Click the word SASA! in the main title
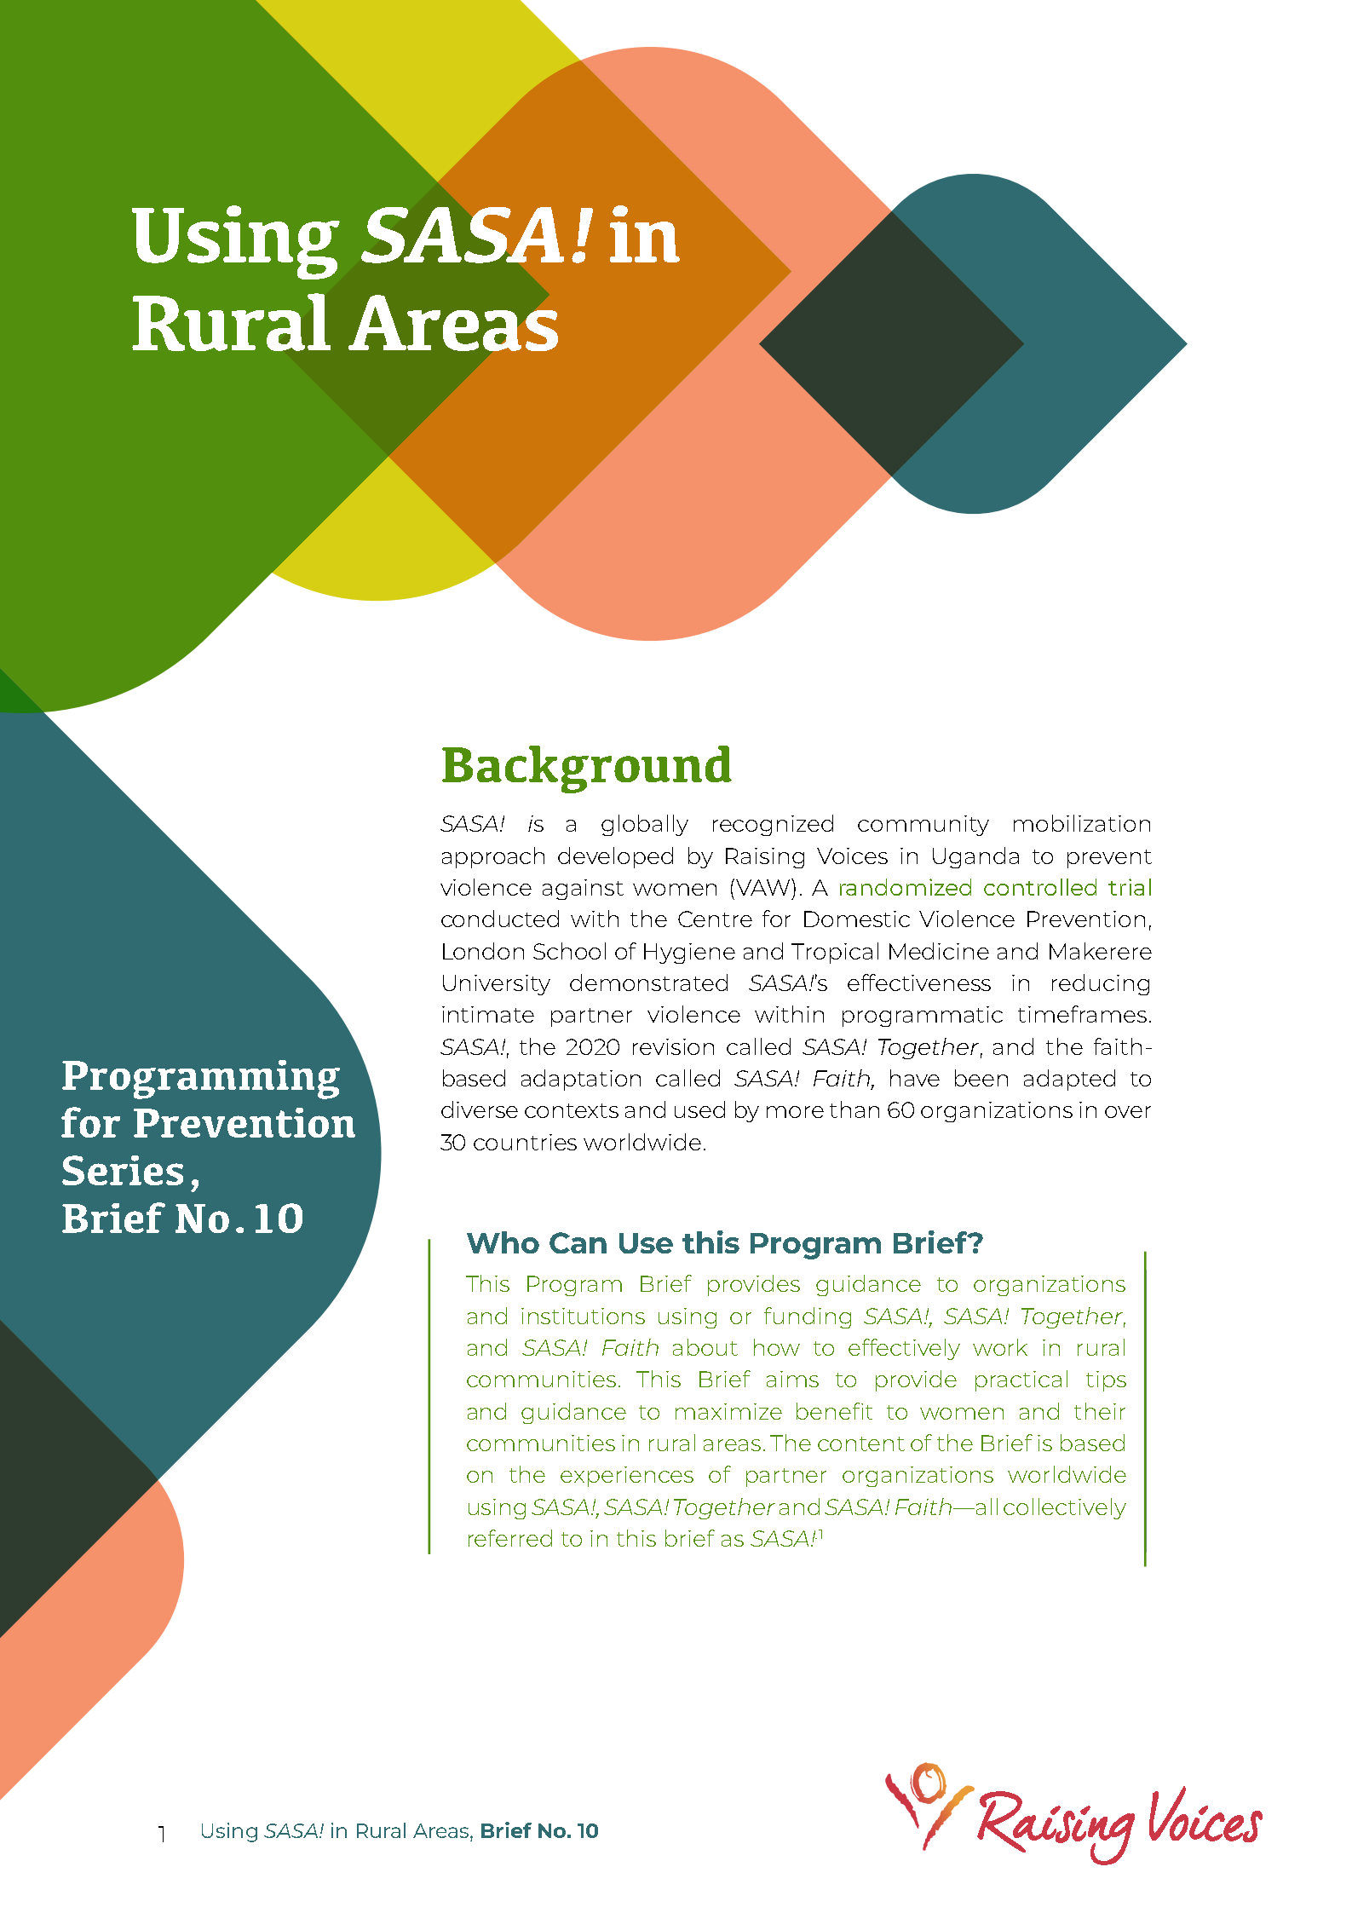click(x=476, y=236)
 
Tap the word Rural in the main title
click(x=230, y=324)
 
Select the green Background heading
click(x=586, y=766)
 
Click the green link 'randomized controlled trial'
click(x=995, y=888)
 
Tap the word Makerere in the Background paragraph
click(x=1100, y=952)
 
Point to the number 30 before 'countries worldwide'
click(x=453, y=1143)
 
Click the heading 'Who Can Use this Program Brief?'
click(x=725, y=1243)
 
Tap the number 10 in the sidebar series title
click(x=278, y=1219)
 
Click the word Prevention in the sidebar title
click(x=245, y=1124)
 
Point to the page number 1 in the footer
click(x=162, y=1833)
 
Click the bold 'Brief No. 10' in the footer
click(x=539, y=1831)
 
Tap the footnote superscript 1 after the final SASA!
click(x=820, y=1533)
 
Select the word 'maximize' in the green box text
click(x=728, y=1413)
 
